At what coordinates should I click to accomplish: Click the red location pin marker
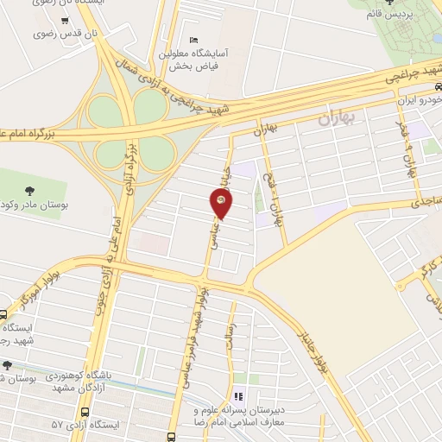pyautogui.click(x=221, y=202)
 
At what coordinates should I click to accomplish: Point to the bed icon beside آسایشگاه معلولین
pyautogui.click(x=193, y=41)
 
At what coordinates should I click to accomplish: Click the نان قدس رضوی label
pyautogui.click(x=28, y=35)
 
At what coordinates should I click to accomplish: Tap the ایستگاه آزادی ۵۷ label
pyautogui.click(x=60, y=425)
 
